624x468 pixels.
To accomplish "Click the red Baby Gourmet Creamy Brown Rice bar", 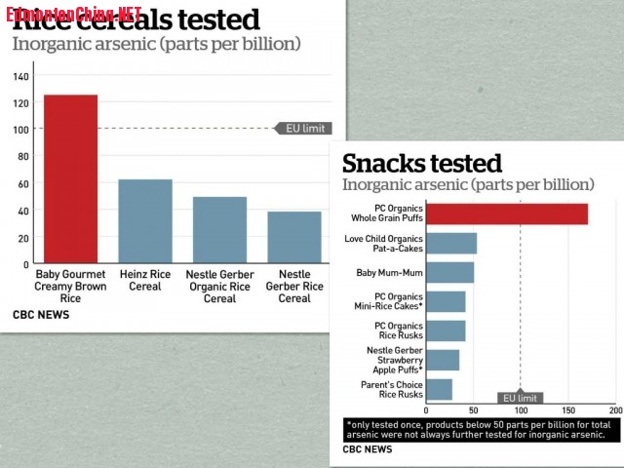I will [x=70, y=179].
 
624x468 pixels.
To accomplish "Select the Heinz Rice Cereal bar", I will [x=145, y=221].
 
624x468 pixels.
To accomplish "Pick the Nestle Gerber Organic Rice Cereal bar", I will [x=219, y=230].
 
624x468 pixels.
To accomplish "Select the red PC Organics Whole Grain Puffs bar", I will [x=507, y=214].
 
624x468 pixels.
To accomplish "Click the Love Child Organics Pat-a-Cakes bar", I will [x=451, y=243].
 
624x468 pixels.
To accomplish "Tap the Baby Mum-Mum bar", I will [x=450, y=272].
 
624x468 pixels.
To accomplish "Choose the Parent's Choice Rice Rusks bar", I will [x=440, y=389].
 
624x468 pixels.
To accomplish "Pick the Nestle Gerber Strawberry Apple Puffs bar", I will [x=443, y=360].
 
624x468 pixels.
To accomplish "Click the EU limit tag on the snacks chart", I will [x=519, y=398].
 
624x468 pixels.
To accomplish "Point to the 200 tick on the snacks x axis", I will [x=615, y=410].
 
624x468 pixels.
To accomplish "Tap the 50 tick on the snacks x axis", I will [x=473, y=410].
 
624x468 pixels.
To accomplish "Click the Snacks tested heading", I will [x=421, y=163].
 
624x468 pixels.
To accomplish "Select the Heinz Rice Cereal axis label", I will [x=145, y=281].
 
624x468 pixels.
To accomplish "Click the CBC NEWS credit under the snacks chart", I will [x=368, y=449].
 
